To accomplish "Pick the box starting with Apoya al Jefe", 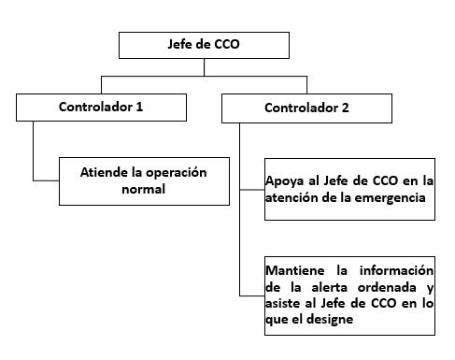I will coord(349,188).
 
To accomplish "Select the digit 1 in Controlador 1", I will coord(139,107).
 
